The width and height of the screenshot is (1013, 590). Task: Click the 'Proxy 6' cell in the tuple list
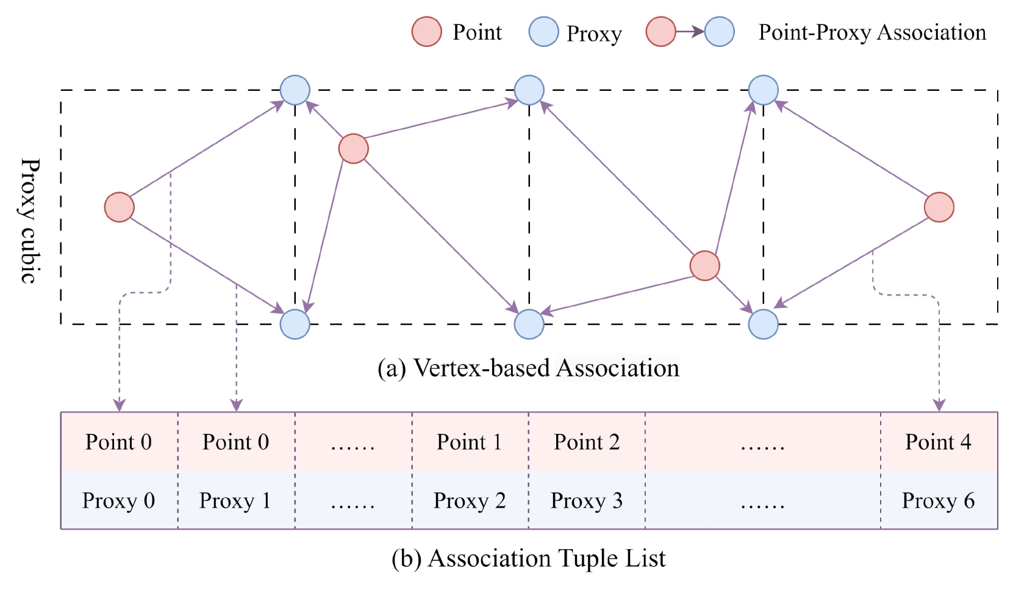[x=939, y=500]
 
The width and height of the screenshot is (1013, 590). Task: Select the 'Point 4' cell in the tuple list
[x=939, y=442]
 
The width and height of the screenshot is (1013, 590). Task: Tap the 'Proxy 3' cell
[x=587, y=500]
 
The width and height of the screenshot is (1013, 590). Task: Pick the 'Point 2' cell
[x=587, y=442]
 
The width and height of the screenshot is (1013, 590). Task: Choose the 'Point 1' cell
[x=470, y=442]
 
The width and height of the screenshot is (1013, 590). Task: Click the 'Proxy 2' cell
[x=470, y=500]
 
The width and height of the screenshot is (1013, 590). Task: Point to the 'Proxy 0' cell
[x=119, y=500]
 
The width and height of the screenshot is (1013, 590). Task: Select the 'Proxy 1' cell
[x=236, y=500]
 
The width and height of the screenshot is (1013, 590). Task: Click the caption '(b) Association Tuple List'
[x=529, y=558]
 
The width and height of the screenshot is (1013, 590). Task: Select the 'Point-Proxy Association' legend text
[x=872, y=32]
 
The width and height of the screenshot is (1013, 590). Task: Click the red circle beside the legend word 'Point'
[x=426, y=32]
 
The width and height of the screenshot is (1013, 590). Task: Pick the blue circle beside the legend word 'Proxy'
[x=543, y=32]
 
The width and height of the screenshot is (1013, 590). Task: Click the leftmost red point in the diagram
[x=120, y=207]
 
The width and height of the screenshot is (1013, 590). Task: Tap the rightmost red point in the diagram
[x=939, y=207]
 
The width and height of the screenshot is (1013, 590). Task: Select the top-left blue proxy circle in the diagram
[x=295, y=90]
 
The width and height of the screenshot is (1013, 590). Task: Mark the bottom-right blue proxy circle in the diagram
[x=764, y=324]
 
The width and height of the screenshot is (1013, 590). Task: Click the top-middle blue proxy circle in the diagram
[x=529, y=90]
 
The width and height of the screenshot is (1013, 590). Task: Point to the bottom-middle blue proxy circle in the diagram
[x=529, y=324]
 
